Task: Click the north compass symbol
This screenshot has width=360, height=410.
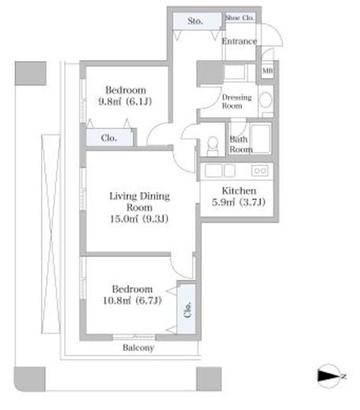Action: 329,376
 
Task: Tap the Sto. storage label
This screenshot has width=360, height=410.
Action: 195,20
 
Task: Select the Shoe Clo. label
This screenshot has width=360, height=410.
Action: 239,18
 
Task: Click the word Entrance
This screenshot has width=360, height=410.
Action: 239,41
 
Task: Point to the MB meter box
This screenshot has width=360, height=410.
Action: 268,70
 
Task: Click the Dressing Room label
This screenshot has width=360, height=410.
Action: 236,102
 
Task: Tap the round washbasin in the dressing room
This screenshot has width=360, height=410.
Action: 265,99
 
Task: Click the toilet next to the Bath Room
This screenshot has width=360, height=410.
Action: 213,147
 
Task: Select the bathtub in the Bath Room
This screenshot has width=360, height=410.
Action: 261,138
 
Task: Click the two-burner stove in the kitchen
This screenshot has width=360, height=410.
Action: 260,170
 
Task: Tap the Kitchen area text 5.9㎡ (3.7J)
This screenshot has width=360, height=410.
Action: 239,202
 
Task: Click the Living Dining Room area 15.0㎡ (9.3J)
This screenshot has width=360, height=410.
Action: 139,218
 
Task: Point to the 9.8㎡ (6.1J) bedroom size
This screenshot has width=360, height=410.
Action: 125,101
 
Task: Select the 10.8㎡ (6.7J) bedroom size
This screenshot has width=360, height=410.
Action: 132,300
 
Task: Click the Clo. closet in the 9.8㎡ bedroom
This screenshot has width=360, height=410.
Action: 109,138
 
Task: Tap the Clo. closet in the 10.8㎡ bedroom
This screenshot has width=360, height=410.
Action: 187,309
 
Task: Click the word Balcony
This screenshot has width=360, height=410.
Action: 139,348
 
